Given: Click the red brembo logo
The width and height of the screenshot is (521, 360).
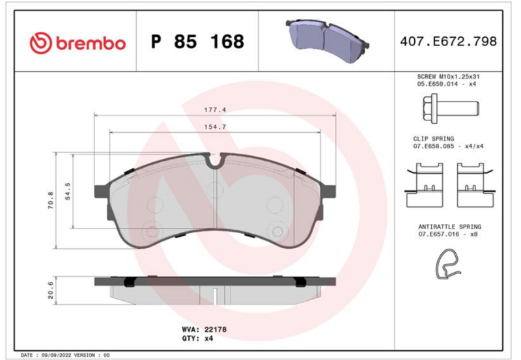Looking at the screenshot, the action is [77, 43].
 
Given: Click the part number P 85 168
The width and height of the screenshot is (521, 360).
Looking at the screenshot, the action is [197, 42].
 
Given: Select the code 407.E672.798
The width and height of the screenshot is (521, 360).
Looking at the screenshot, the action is [448, 42].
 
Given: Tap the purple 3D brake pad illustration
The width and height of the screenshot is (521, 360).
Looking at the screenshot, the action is [327, 39].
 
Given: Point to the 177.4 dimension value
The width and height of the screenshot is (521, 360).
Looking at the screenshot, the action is [215, 109].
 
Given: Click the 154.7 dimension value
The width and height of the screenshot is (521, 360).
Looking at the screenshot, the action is [215, 127].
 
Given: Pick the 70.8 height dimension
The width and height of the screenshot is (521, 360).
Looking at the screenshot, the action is [51, 201].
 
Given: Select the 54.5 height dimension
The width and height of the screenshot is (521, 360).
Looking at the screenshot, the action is [68, 191].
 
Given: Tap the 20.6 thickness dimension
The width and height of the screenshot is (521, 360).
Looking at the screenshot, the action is [50, 290].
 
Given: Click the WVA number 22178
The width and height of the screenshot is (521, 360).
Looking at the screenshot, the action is [216, 329].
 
